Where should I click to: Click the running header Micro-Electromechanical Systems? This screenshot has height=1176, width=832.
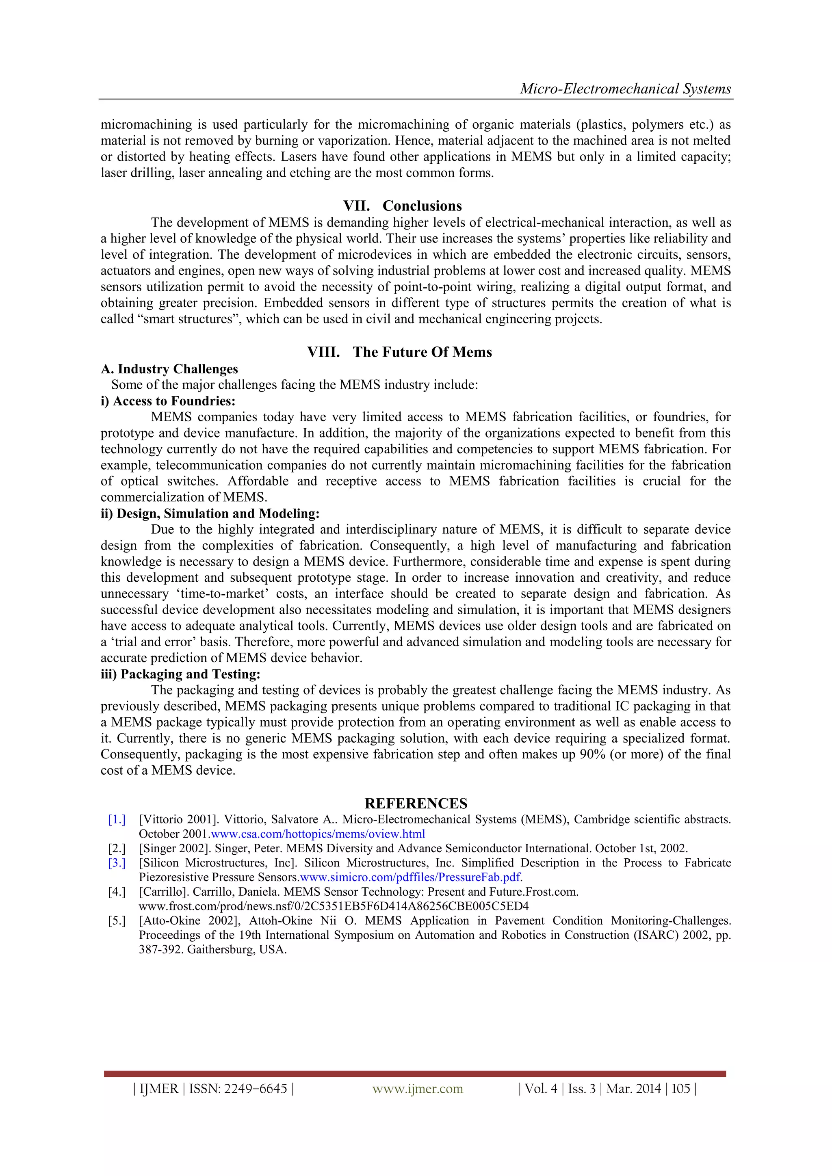(625, 89)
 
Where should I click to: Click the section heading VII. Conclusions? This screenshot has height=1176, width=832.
(402, 206)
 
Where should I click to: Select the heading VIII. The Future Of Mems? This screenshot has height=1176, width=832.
(400, 352)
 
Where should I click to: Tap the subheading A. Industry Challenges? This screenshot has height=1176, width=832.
(169, 369)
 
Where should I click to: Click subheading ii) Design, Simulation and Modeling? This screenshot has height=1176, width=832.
(210, 514)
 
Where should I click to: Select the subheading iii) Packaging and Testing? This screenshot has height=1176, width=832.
(180, 675)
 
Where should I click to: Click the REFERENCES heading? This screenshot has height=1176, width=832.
(416, 803)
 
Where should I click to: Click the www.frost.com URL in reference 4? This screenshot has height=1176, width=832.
(334, 906)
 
